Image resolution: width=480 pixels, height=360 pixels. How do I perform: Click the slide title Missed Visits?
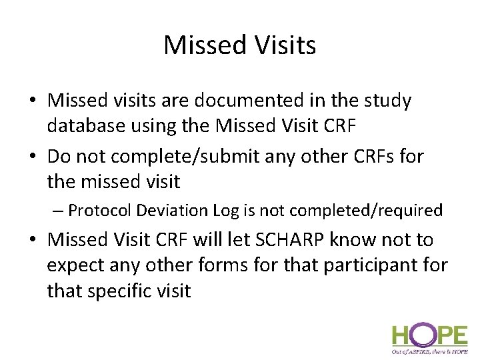click(239, 45)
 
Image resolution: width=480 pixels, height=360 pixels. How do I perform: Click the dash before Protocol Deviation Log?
click(59, 211)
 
